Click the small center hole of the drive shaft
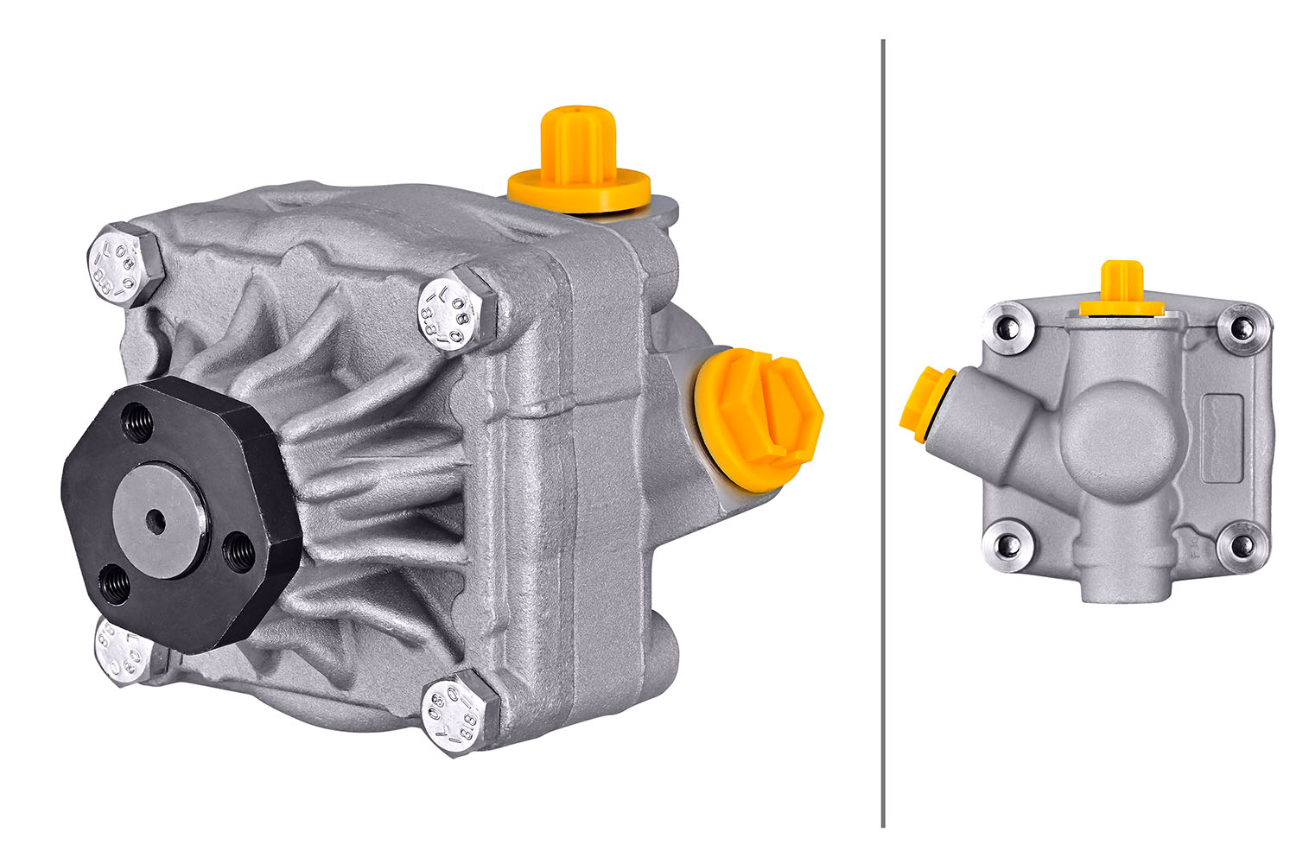point(156,521)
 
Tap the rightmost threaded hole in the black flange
point(239,552)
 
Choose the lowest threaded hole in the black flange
point(115,587)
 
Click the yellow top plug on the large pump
point(577,161)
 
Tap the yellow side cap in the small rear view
point(923,405)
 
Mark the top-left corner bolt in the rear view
point(1006,327)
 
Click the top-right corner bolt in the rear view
point(1241,327)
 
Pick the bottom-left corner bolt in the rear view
point(1006,545)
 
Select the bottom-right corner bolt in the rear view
point(1241,545)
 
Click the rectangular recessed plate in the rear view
point(1221,437)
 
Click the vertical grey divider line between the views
point(882,432)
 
